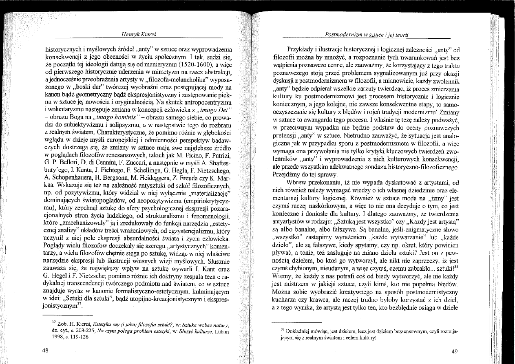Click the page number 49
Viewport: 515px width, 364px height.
point(456,351)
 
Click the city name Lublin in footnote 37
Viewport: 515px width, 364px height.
point(223,331)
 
